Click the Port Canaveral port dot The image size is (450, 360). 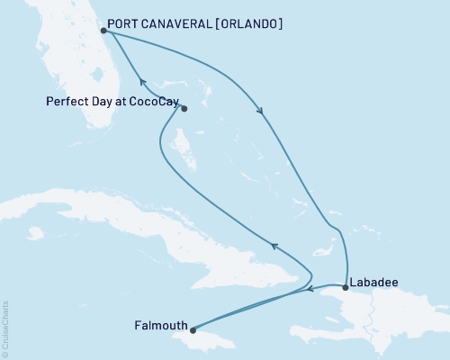pos(104,30)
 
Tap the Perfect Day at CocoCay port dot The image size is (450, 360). pos(184,110)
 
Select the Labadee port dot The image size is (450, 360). pos(346,288)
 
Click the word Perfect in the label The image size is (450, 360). pos(64,102)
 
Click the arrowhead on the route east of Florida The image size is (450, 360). pos(261,112)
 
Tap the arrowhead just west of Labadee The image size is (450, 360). pos(309,290)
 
